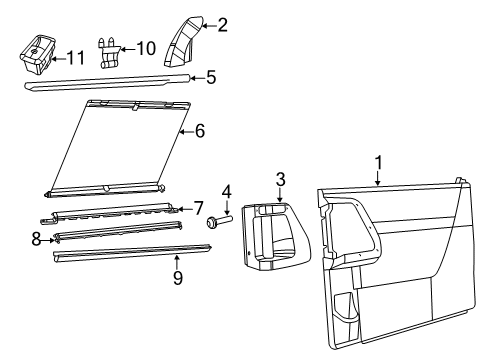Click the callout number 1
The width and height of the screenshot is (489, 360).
[378, 163]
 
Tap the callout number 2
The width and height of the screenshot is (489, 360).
[222, 25]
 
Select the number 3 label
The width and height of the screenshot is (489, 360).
[281, 179]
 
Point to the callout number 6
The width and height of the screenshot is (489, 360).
[199, 131]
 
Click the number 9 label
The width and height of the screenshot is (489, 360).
[178, 278]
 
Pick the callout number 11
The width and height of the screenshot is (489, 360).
[76, 58]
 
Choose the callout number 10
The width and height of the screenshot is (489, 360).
[146, 48]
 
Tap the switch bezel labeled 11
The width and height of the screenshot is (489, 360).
[37, 53]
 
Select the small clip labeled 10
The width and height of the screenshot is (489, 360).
[108, 53]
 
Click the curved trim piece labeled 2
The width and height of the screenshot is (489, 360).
[184, 41]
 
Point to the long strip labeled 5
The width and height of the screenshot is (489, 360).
[108, 82]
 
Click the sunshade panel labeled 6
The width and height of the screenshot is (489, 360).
[118, 148]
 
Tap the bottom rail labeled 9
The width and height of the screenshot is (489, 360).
[132, 253]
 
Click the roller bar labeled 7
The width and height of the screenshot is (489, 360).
[110, 215]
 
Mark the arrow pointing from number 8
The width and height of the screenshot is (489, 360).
[48, 240]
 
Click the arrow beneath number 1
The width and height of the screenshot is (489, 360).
[378, 178]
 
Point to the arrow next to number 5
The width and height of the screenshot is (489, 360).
[197, 78]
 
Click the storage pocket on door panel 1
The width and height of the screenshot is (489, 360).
[346, 308]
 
